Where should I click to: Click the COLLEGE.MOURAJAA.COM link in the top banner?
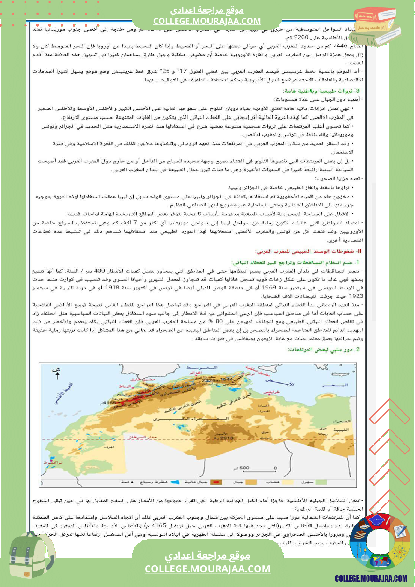tap(207, 21)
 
